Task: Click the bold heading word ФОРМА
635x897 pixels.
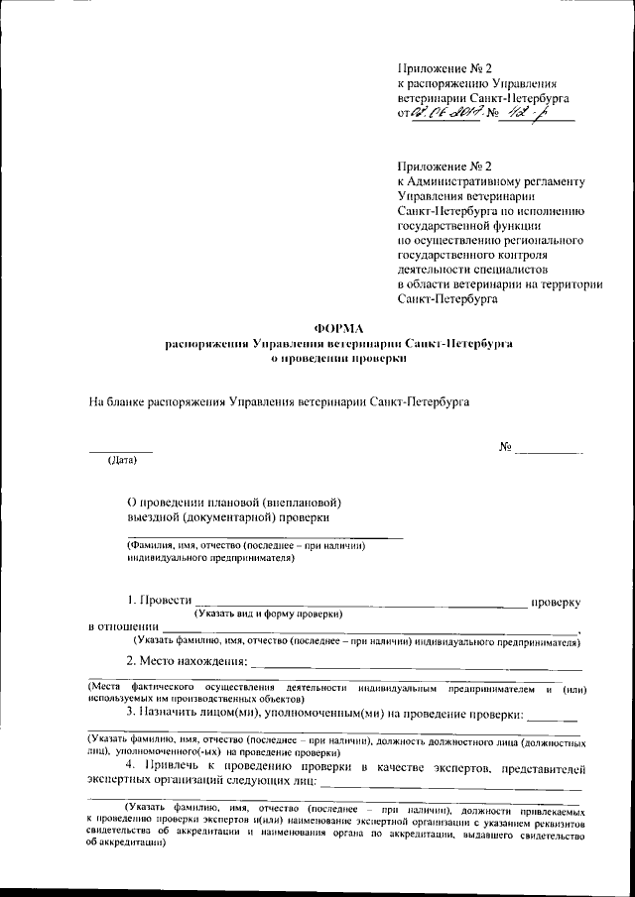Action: tap(338, 328)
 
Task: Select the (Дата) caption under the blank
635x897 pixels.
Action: tap(123, 460)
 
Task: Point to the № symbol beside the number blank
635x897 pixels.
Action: tap(505, 448)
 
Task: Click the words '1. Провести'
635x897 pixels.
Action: tap(157, 602)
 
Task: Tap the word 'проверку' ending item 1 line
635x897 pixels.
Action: tap(557, 602)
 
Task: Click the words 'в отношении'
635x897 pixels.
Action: tap(123, 627)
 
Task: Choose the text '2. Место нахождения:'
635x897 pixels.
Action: tap(186, 662)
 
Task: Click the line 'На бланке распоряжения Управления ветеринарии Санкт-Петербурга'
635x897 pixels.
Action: tap(279, 402)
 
